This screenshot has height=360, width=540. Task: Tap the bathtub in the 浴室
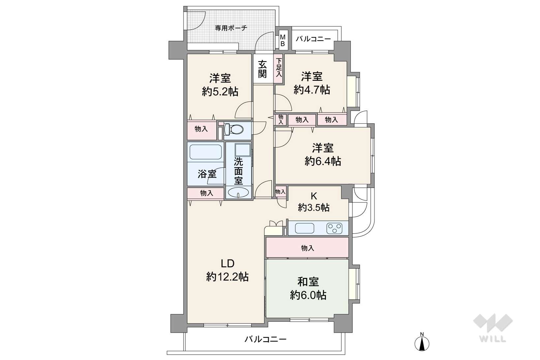tap(205, 152)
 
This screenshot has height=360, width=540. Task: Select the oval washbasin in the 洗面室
tap(238, 193)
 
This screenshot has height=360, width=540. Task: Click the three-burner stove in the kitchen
tap(334, 228)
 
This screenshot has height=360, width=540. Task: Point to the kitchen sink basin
tap(305, 228)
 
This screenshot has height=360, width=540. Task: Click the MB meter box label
tap(283, 41)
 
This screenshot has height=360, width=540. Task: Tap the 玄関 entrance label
tap(262, 69)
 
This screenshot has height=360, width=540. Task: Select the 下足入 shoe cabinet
tap(279, 69)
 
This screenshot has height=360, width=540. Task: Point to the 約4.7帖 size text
tap(312, 90)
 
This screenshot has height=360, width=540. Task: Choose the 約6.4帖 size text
tap(323, 161)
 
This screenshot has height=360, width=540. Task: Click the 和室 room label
tap(308, 282)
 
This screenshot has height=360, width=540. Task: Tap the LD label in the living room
tap(227, 264)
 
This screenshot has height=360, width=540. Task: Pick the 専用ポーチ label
tap(231, 28)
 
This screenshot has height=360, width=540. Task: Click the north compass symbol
tap(422, 342)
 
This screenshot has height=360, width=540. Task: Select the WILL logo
tap(493, 328)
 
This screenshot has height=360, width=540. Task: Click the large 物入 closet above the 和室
tap(307, 248)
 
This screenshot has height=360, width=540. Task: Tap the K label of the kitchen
tap(314, 196)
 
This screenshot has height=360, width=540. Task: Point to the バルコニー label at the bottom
tap(266, 340)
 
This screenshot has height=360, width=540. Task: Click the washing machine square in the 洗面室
tap(243, 150)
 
